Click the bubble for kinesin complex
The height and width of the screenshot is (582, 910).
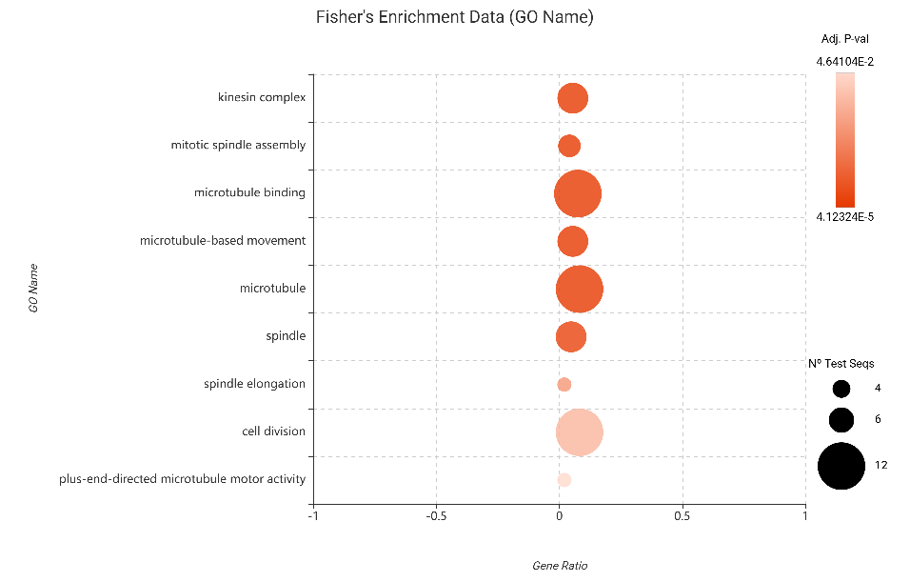coord(572,98)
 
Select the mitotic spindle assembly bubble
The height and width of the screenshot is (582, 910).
coord(569,146)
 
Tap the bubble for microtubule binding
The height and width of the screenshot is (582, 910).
coord(578,193)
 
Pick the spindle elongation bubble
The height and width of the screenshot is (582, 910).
coord(564,385)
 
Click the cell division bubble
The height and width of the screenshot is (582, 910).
coord(579,432)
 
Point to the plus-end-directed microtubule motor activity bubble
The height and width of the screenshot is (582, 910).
coord(564,480)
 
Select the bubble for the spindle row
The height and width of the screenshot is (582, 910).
coord(570,337)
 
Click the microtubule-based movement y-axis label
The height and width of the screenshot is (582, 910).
coord(223,241)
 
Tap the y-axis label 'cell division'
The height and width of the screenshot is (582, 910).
coord(273,431)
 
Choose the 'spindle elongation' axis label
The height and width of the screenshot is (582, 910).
coord(254,384)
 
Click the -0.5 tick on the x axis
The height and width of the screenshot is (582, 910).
coord(436,516)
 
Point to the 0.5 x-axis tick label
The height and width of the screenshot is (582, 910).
coord(682,516)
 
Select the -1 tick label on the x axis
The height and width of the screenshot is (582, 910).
coord(313,516)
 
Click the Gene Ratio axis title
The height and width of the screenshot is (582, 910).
coord(560,566)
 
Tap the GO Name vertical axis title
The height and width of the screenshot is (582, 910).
coord(33,289)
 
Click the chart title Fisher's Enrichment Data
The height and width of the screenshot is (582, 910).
coord(454,17)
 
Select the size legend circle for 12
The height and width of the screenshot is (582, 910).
coord(841,466)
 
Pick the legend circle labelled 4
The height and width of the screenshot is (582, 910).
coord(841,389)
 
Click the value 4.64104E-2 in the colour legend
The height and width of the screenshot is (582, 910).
coord(844,62)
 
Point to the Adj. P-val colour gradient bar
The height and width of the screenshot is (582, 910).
coord(844,140)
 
